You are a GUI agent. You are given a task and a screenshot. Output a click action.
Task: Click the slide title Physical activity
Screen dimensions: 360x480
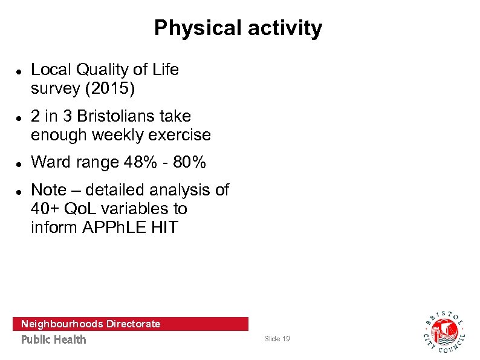point(238,28)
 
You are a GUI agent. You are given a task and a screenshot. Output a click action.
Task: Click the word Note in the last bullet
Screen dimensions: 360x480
point(49,190)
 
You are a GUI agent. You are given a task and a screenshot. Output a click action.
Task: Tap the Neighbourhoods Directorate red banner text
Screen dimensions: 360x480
point(91,324)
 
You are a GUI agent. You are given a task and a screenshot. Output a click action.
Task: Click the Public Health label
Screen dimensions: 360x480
point(54,339)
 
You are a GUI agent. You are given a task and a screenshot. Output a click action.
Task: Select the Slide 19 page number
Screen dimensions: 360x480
point(277,339)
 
